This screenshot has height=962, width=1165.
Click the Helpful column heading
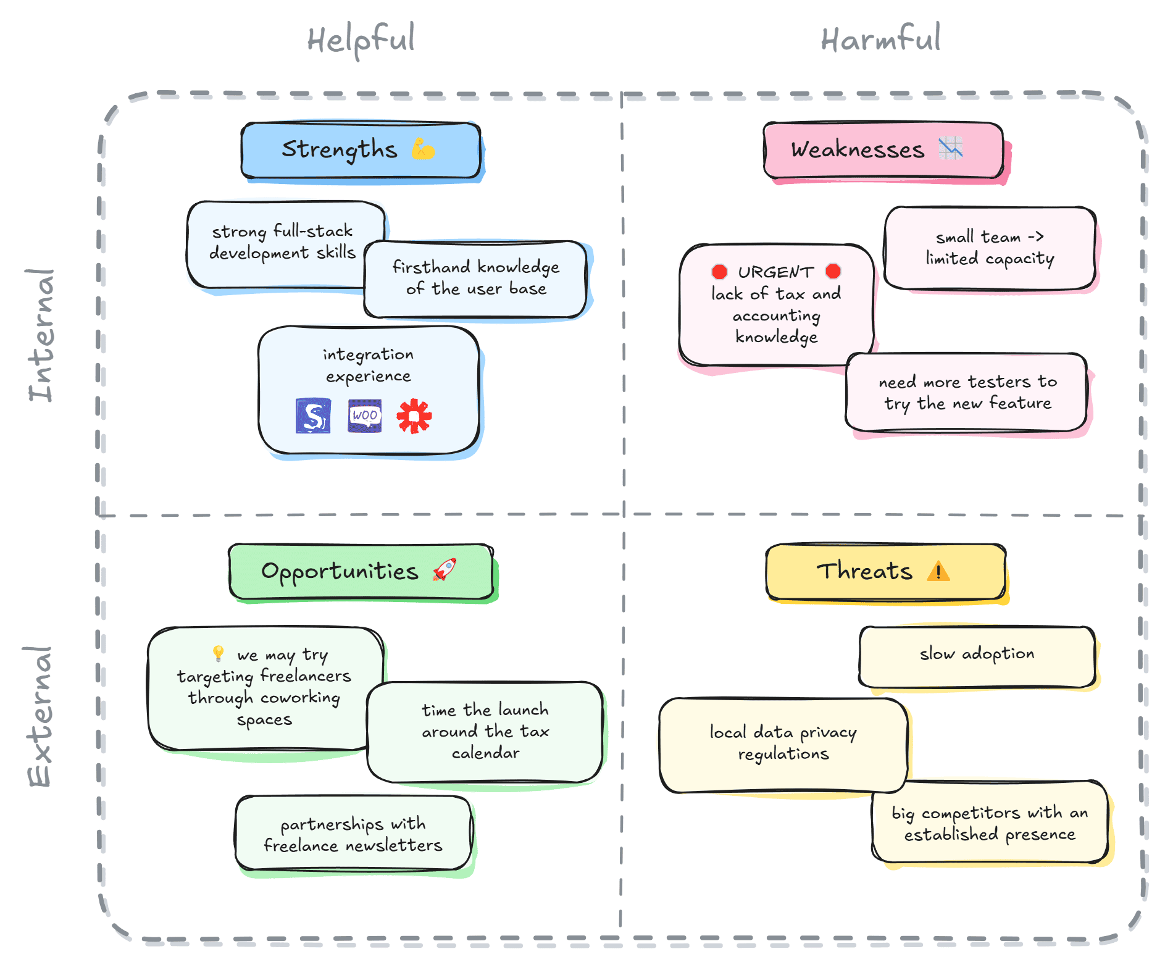point(361,40)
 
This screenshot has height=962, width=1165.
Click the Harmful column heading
point(880,40)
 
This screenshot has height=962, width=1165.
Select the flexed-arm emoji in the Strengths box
point(424,149)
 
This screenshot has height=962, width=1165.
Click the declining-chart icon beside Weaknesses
point(950,148)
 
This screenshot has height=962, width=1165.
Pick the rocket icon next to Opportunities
point(445,569)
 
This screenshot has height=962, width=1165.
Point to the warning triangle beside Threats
point(938,571)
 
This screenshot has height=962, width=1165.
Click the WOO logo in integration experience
point(364,416)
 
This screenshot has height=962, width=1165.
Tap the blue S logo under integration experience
point(313,416)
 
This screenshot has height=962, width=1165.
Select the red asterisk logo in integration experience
point(414,416)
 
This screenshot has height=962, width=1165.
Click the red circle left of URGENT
point(719,272)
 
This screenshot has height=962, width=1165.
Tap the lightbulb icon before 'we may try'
point(218,653)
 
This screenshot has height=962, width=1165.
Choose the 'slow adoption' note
point(977,656)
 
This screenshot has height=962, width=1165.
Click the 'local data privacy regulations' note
point(783,745)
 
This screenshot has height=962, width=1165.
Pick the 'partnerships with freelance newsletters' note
point(353,834)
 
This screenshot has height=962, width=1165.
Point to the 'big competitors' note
point(990,823)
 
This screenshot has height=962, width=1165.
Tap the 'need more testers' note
point(967,393)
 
